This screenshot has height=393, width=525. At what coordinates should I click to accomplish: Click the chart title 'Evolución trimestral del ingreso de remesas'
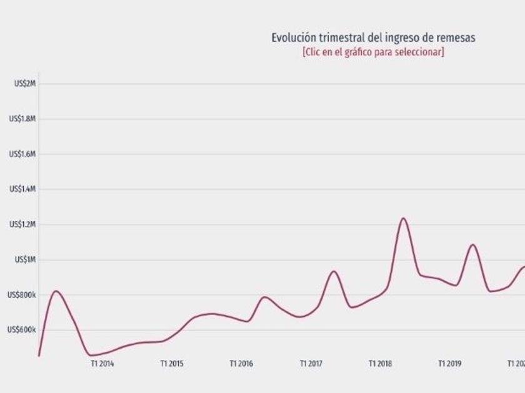[373, 38]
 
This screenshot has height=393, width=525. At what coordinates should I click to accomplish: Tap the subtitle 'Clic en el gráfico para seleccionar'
[373, 52]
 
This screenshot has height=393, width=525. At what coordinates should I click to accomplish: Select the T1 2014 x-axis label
[102, 363]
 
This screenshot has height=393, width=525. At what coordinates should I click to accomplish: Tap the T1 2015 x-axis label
[171, 363]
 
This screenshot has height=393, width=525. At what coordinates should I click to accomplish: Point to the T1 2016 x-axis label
[241, 363]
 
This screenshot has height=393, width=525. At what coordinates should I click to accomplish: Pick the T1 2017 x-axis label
[311, 363]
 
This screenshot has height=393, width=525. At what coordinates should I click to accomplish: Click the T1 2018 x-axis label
[380, 363]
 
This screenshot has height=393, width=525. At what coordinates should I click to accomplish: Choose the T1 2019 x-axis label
[449, 363]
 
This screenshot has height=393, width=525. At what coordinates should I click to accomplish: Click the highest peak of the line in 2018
[403, 218]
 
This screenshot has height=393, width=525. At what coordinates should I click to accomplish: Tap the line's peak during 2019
[472, 245]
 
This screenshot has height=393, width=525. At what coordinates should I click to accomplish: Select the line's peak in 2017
[334, 271]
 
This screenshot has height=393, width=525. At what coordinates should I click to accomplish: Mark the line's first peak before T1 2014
[56, 291]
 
